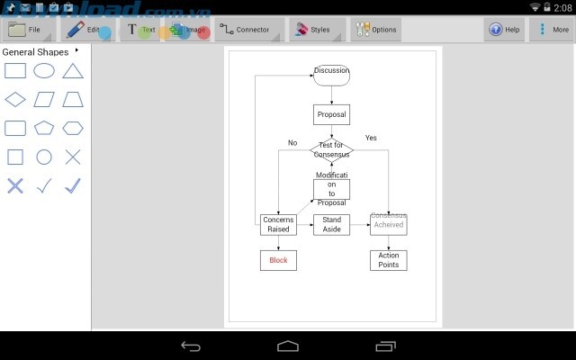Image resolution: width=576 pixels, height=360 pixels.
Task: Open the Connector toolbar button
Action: click(x=245, y=30)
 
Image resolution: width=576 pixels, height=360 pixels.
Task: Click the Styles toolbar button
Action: click(x=313, y=30)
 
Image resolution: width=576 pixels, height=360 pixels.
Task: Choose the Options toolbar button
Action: click(x=376, y=30)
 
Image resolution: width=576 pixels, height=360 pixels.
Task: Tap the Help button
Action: click(x=505, y=30)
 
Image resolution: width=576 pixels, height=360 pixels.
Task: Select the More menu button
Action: click(x=552, y=30)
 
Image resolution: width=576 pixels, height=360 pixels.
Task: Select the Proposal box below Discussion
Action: click(x=331, y=115)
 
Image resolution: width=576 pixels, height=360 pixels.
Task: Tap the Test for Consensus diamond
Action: click(x=331, y=149)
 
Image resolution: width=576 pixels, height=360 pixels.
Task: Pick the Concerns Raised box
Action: click(x=278, y=224)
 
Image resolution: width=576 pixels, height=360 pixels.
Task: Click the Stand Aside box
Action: click(x=331, y=224)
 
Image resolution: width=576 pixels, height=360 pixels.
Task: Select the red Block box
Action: click(x=278, y=260)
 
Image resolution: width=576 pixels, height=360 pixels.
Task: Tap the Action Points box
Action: click(x=388, y=260)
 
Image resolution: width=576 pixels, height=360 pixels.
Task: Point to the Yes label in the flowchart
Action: click(x=371, y=138)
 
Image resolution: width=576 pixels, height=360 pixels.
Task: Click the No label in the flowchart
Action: click(x=292, y=142)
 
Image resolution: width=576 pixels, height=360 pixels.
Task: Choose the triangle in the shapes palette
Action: click(x=73, y=71)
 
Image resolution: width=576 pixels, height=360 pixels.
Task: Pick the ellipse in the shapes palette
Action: click(x=44, y=71)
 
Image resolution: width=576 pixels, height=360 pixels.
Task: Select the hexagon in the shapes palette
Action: click(x=73, y=128)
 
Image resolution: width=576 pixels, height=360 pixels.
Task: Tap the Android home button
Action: click(x=288, y=346)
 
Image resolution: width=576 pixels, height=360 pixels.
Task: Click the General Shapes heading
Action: click(x=36, y=51)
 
